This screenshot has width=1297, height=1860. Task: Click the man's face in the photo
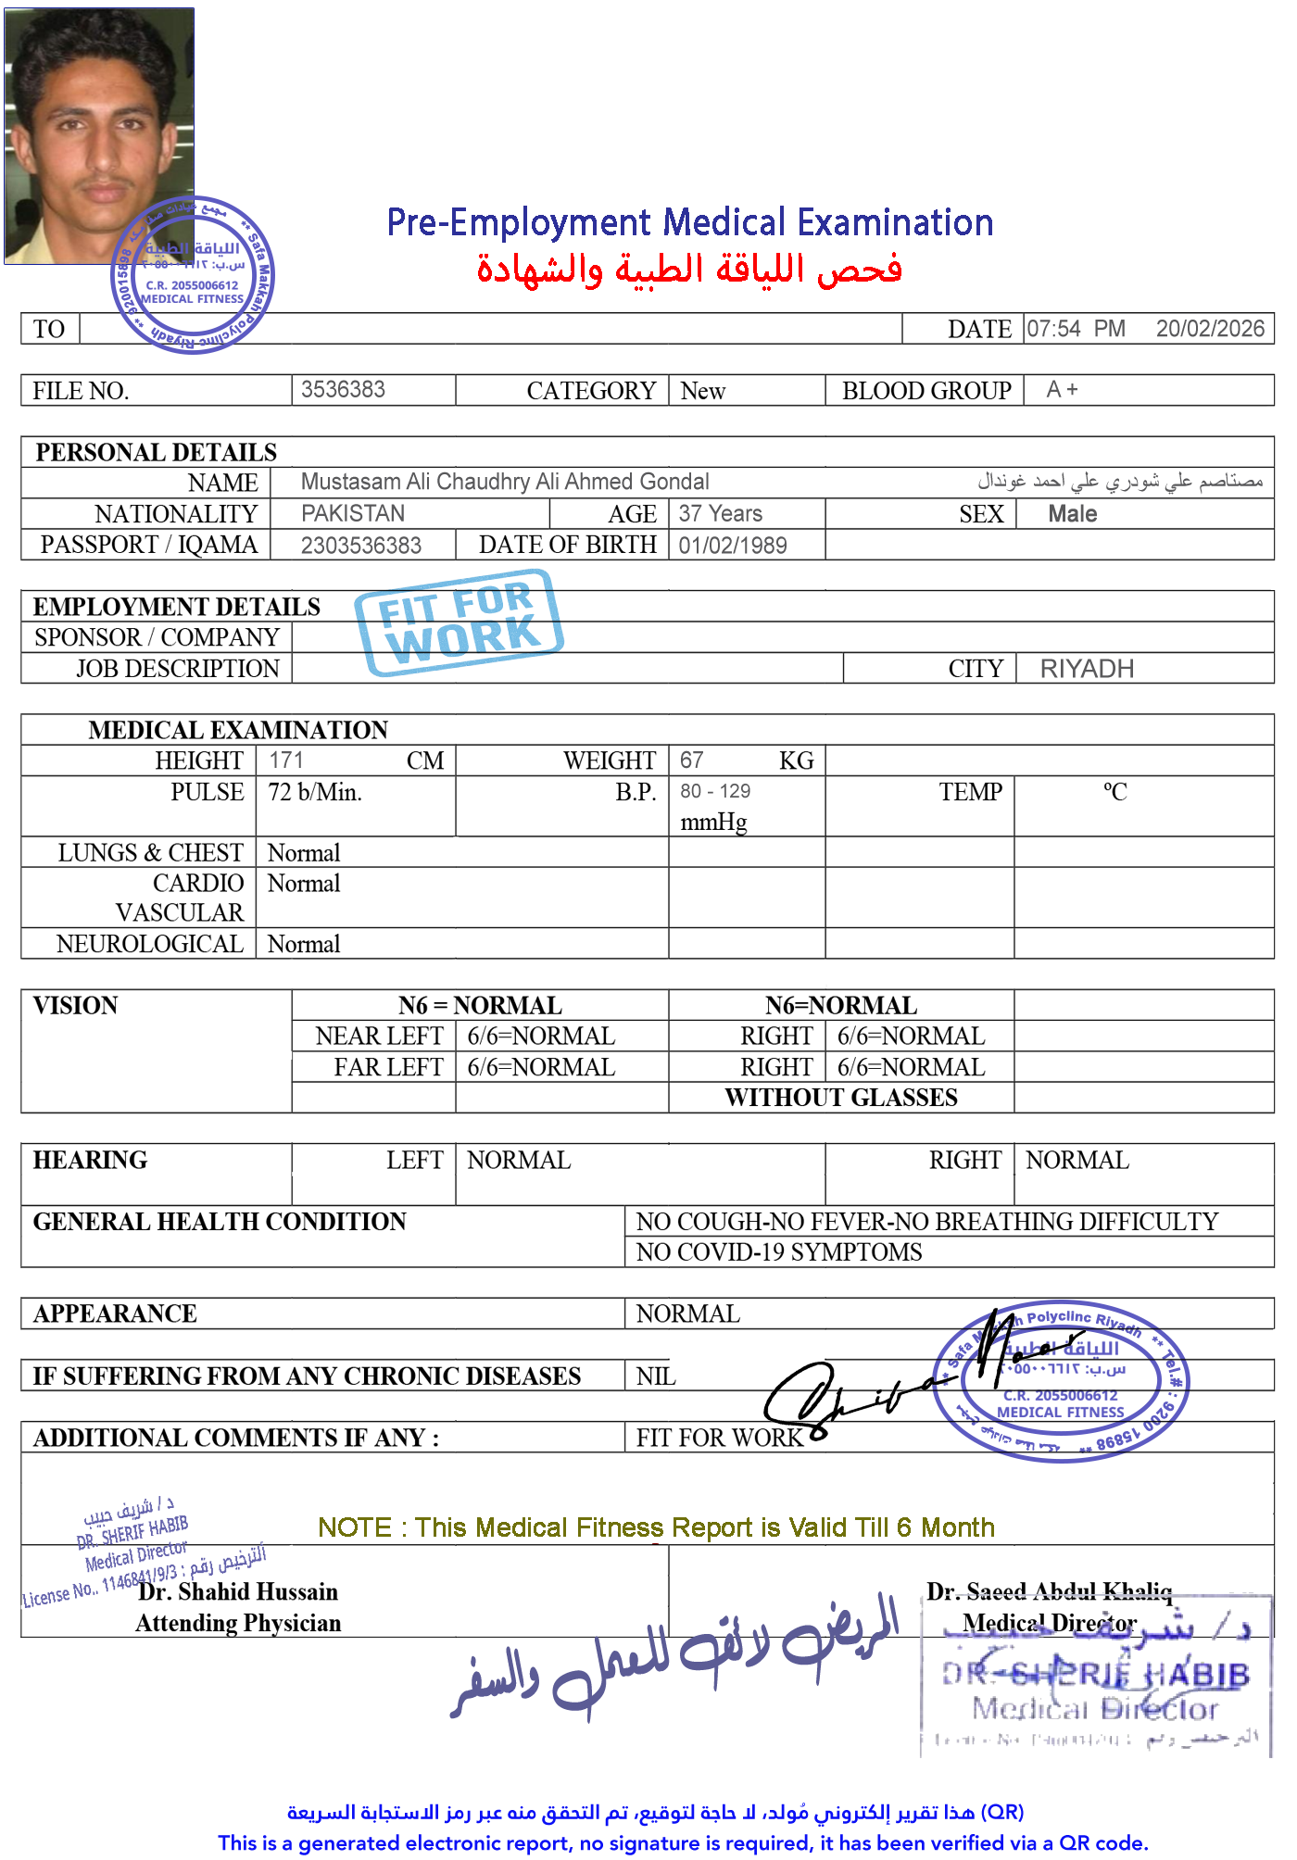click(x=97, y=139)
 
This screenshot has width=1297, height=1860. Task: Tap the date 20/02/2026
click(x=1209, y=329)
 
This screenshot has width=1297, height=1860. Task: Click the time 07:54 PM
click(x=1075, y=329)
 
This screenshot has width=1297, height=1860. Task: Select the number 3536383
click(x=343, y=389)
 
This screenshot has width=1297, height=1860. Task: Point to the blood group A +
click(x=1062, y=389)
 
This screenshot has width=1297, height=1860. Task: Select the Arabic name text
click(x=1120, y=481)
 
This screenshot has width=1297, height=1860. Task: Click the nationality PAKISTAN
click(x=353, y=513)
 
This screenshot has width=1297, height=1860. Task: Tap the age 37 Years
click(x=720, y=513)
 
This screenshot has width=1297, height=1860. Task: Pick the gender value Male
click(x=1072, y=514)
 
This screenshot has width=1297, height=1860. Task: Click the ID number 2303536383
click(x=361, y=546)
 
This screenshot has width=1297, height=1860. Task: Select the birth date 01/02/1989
click(x=732, y=546)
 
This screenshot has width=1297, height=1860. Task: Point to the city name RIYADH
click(x=1087, y=669)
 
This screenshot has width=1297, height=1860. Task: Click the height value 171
click(x=285, y=760)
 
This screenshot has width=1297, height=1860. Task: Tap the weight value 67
click(x=691, y=760)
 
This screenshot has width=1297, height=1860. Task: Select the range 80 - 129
click(x=715, y=792)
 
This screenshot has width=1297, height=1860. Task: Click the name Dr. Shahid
click(x=194, y=1591)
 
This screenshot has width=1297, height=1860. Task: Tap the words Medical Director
click(x=1049, y=1623)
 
